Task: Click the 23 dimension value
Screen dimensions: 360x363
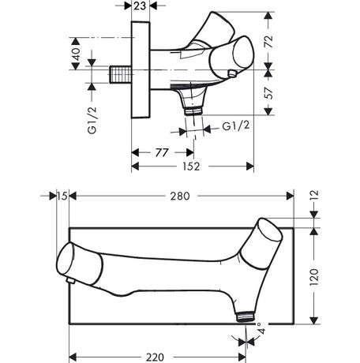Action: pyautogui.click(x=140, y=6)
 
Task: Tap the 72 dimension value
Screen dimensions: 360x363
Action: pyautogui.click(x=269, y=42)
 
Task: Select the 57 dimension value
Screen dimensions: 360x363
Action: pyautogui.click(x=269, y=93)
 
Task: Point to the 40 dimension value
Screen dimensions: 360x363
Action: pyautogui.click(x=76, y=54)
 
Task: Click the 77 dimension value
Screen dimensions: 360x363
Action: pyautogui.click(x=162, y=152)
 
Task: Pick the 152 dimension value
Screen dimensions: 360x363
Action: pyautogui.click(x=191, y=167)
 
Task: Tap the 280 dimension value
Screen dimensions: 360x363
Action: pyautogui.click(x=180, y=196)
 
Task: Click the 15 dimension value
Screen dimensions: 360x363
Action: pyautogui.click(x=62, y=196)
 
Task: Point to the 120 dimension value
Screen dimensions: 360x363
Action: pyautogui.click(x=314, y=277)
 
